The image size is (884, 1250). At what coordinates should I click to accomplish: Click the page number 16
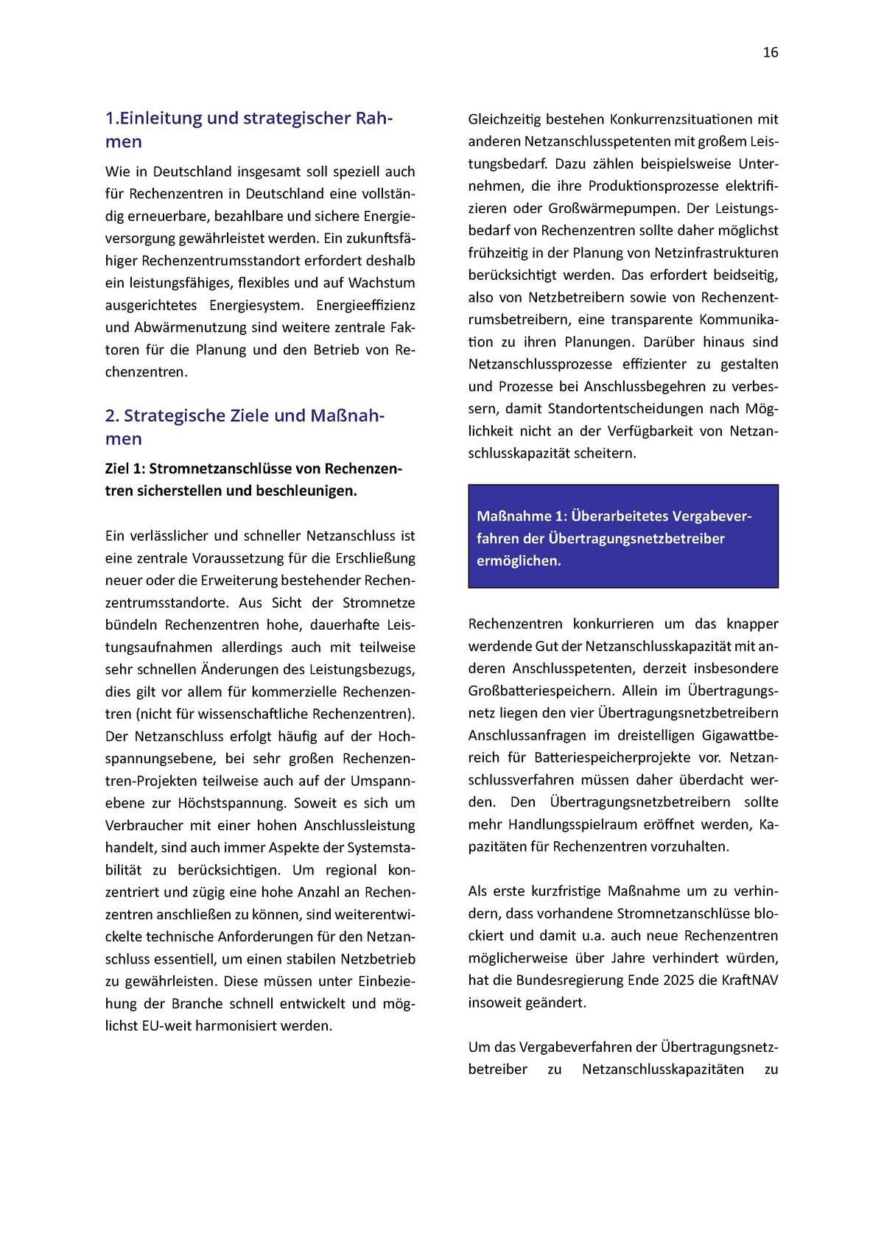point(770,52)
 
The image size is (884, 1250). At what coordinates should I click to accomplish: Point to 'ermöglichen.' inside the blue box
point(519,561)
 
